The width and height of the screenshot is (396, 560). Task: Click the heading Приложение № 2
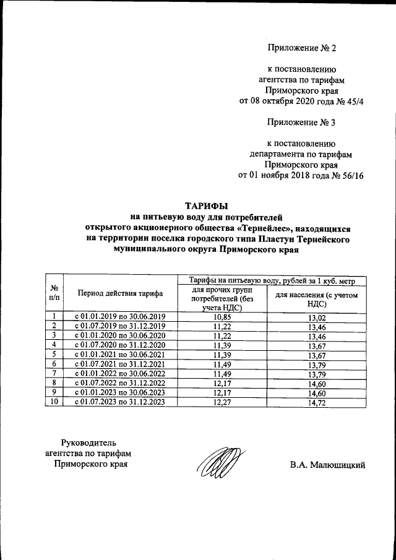[301, 48]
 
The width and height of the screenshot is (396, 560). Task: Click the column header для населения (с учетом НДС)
[317, 299]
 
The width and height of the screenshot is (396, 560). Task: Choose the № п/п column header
[54, 293]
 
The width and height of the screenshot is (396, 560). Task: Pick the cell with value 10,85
[220, 316]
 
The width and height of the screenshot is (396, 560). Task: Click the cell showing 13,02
[317, 316]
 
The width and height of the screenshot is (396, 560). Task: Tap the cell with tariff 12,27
[220, 402]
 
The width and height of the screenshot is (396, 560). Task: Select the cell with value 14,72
[317, 402]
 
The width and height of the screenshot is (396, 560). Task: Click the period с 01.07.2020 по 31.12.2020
[120, 345]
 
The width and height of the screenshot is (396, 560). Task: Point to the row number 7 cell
[54, 374]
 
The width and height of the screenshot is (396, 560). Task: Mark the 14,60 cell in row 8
[317, 383]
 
